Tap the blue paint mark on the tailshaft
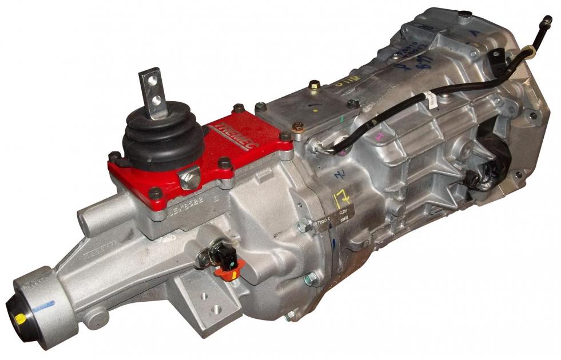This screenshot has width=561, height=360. [43, 306]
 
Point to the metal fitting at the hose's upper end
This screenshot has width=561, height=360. [546, 22]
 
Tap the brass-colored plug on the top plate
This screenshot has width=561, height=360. [314, 86]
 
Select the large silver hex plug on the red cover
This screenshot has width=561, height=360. [189, 179]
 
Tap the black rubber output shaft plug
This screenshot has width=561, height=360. [17, 317]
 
